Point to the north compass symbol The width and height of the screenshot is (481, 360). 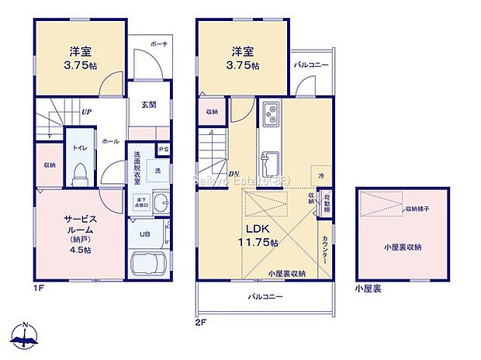27,335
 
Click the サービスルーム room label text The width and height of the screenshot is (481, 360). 79,225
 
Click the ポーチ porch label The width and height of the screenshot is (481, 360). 159,44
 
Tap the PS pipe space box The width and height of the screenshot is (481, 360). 164,149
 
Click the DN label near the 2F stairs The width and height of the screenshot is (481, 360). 234,173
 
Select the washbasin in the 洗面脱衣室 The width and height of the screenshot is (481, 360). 158,204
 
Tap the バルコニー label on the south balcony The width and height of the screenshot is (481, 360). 265,296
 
